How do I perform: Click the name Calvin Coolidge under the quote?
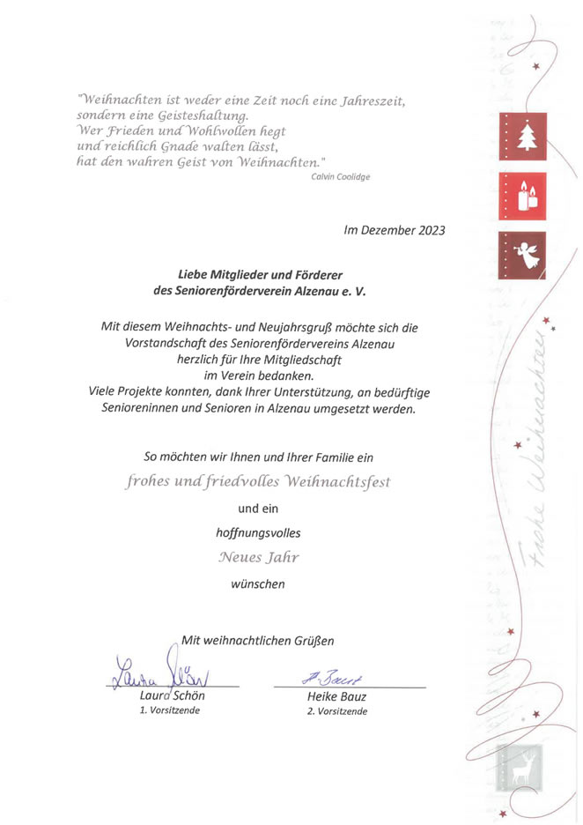(x=341, y=177)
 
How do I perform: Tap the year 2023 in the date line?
(x=429, y=231)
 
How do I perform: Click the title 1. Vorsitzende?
(x=170, y=710)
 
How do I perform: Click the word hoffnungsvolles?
(x=258, y=532)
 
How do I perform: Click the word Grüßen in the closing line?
(x=313, y=640)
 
